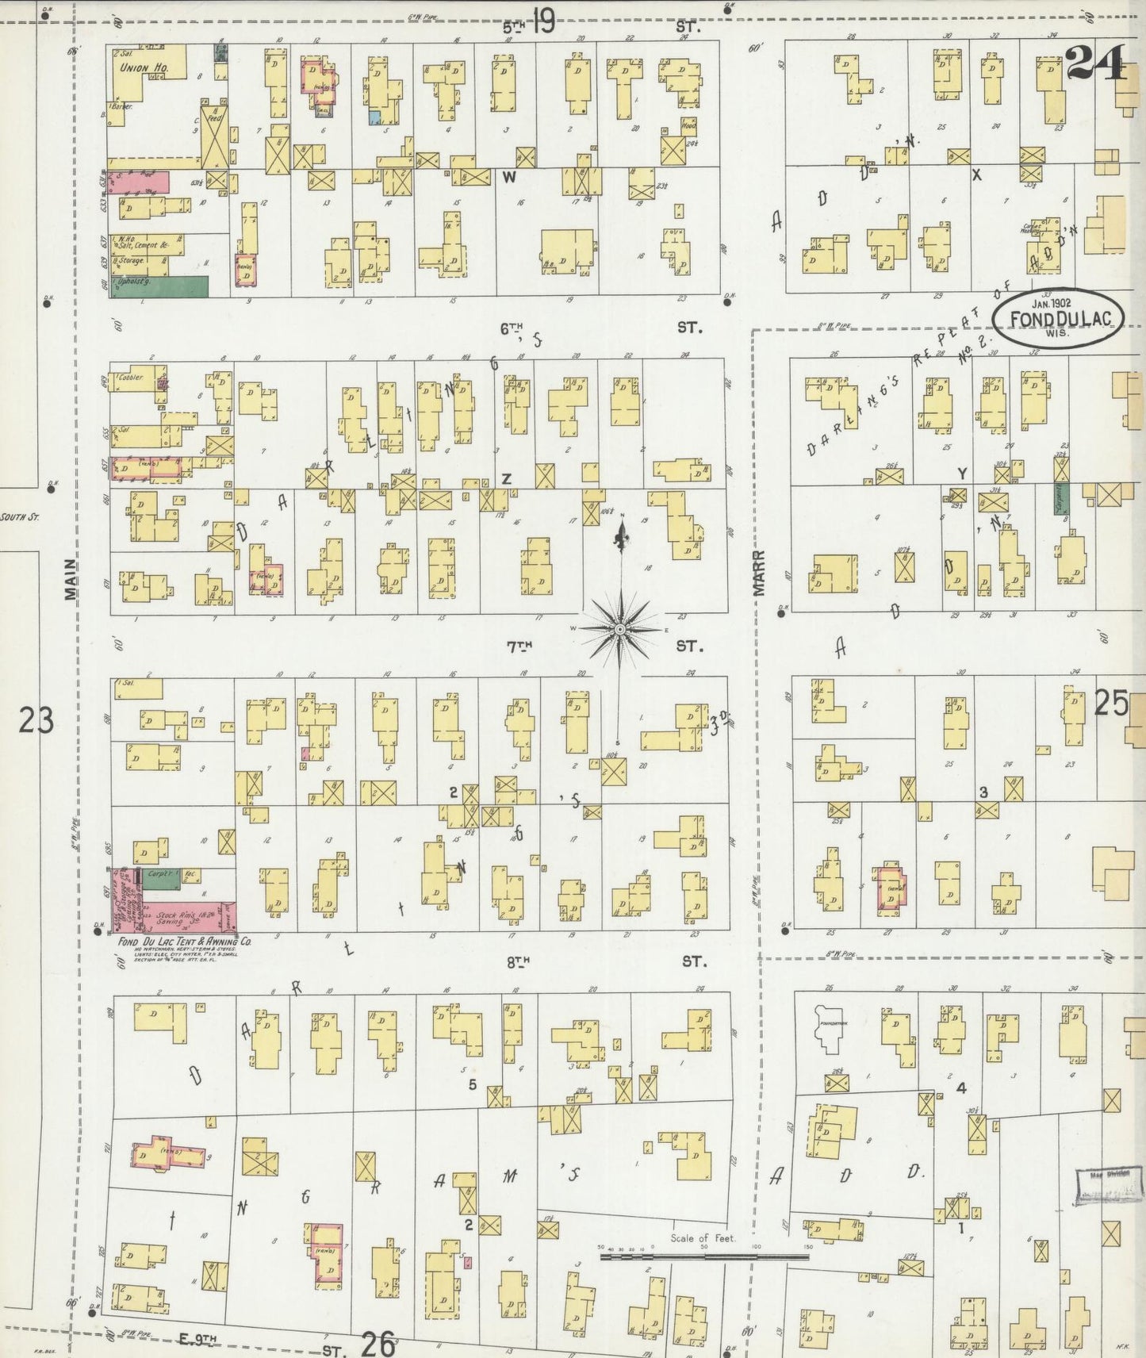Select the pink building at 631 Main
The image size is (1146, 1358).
tap(139, 182)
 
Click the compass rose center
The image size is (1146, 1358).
tap(619, 629)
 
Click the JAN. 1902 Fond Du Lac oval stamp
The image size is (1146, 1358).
tap(1058, 318)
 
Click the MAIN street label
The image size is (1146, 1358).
tap(70, 579)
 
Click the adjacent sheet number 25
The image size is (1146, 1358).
tap(1111, 702)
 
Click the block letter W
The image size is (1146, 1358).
tap(508, 178)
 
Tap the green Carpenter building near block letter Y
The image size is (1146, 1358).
tap(1060, 498)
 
